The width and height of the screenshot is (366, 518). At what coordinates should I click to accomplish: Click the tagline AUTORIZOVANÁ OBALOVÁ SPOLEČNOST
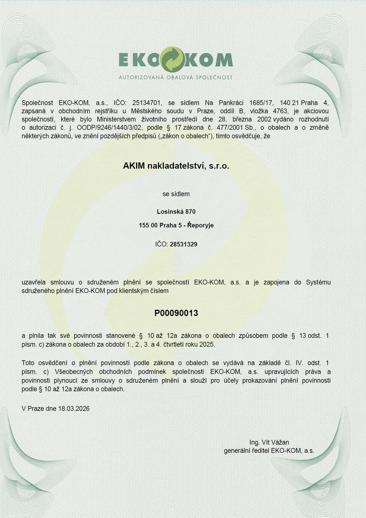(x=176, y=77)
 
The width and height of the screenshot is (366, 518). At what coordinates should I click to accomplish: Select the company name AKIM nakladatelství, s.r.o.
(x=176, y=166)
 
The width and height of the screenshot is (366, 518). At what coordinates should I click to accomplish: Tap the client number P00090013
(x=176, y=313)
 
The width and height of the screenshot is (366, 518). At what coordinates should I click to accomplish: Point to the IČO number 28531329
(x=183, y=244)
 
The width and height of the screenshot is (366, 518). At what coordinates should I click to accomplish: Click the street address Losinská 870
(x=176, y=211)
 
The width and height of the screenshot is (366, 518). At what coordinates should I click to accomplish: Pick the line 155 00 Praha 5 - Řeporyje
(x=176, y=225)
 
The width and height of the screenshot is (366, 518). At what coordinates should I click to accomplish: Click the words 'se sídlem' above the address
(x=176, y=194)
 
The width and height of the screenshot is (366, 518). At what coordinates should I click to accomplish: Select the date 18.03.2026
(x=74, y=408)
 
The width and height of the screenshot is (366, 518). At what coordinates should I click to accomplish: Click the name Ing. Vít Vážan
(x=269, y=442)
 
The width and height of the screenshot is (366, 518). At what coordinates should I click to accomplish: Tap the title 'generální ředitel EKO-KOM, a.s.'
(x=269, y=451)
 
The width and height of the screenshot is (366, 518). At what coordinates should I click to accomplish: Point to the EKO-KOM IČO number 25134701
(x=147, y=103)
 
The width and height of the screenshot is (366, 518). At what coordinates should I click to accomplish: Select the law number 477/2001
(x=230, y=128)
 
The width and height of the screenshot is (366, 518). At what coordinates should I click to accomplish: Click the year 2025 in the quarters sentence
(x=207, y=344)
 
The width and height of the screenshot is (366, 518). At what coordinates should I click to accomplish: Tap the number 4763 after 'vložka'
(x=280, y=111)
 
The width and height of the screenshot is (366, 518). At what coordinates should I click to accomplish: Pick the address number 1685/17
(x=261, y=103)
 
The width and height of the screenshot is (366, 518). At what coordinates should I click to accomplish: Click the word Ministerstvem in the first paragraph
(x=116, y=119)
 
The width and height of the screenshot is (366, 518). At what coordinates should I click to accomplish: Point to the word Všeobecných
(x=74, y=372)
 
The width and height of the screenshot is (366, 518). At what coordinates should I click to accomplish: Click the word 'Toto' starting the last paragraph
(x=28, y=363)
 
